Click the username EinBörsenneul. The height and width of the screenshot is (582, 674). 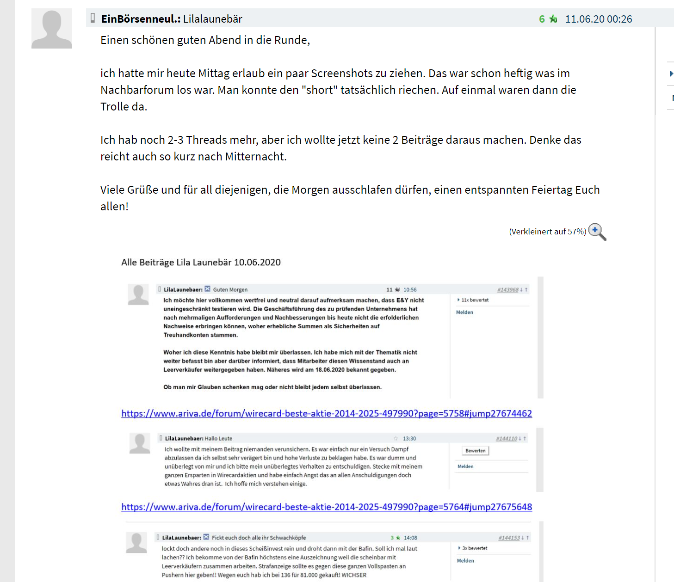140,19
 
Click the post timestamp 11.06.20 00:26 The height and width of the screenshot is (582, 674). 598,19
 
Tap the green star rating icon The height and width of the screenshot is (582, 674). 553,19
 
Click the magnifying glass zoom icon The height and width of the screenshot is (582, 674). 597,232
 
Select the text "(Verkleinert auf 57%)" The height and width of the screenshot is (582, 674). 547,232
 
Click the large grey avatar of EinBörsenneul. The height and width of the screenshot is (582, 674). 52,29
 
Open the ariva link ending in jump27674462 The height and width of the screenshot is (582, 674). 327,413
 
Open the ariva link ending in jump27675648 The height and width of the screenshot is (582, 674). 327,507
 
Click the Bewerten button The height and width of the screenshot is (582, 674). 475,451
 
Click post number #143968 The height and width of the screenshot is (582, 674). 507,290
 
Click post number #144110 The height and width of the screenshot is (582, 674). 506,439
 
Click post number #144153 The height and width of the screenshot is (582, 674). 508,538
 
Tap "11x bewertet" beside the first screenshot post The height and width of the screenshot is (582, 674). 475,300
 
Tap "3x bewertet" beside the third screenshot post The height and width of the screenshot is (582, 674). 474,548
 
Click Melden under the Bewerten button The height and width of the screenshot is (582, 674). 465,466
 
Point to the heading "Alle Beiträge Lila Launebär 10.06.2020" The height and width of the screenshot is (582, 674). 201,263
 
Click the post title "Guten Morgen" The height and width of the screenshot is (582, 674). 230,290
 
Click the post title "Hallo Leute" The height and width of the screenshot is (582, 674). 218,439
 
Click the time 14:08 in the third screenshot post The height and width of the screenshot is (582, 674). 410,538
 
